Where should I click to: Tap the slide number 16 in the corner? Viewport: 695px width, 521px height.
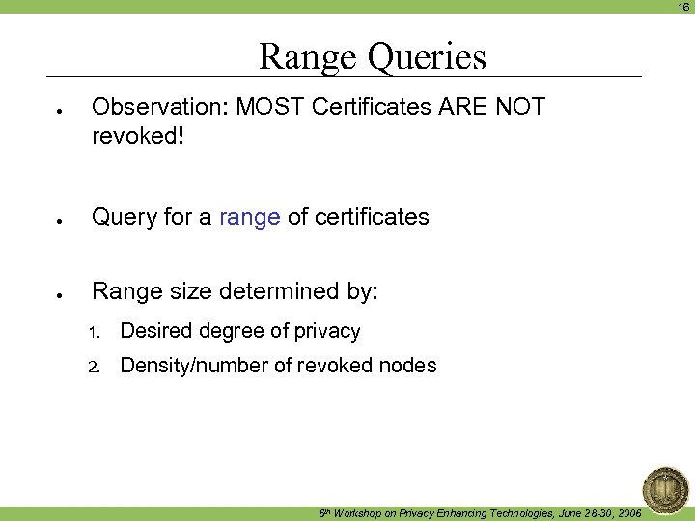pos(683,7)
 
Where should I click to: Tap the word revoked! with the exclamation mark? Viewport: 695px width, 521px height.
pos(137,136)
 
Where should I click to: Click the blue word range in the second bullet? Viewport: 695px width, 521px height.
pos(249,218)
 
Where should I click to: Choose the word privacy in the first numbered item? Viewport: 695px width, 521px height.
pos(327,332)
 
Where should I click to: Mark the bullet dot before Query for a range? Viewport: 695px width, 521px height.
pos(60,220)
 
